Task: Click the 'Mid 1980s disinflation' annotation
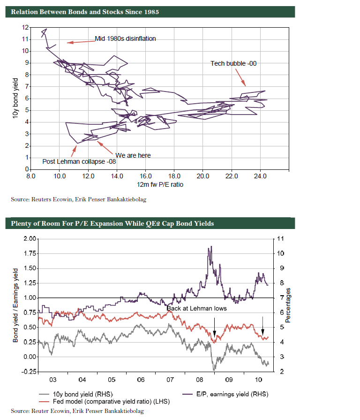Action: coord(125,39)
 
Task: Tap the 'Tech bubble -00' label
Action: coord(233,63)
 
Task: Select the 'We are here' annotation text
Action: coord(133,155)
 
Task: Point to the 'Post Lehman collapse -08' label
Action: coord(79,161)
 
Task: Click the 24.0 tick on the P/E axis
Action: coord(260,176)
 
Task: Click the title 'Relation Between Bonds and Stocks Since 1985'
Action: coord(85,12)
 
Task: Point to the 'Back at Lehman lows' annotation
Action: coord(197,308)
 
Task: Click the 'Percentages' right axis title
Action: coord(288,305)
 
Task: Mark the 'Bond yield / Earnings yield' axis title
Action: coord(15,305)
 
